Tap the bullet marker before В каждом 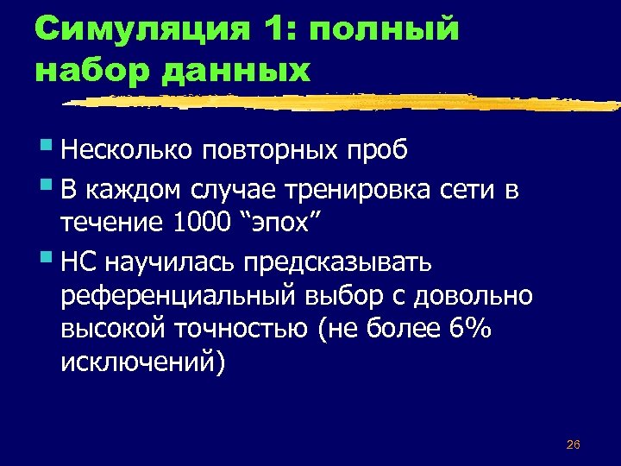(44, 187)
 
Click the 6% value (470, 331)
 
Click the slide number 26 (573, 444)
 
